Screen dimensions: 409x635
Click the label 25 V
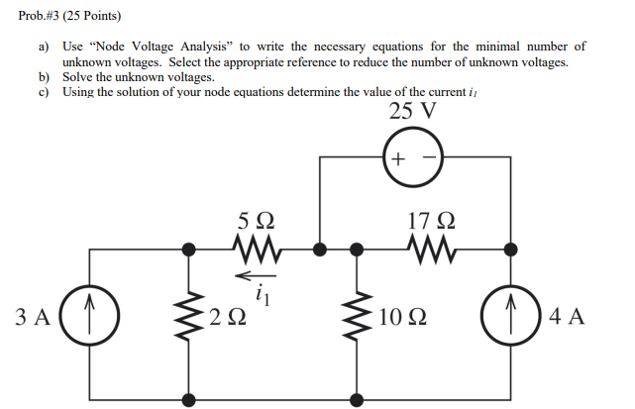pyautogui.click(x=412, y=111)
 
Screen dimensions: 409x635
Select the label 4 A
pyautogui.click(x=567, y=318)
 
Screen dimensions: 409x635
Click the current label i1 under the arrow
pyautogui.click(x=262, y=292)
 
